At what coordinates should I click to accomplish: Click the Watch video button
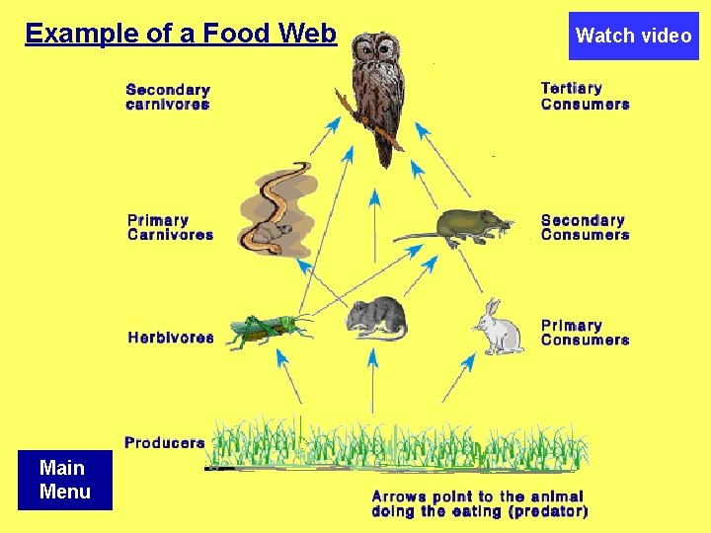[633, 36]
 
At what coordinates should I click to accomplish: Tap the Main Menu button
[64, 480]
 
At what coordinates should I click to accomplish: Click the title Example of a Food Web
[181, 34]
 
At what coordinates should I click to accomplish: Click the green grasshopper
[267, 331]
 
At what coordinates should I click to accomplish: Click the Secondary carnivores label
[168, 97]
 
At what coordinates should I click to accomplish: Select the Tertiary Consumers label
[585, 96]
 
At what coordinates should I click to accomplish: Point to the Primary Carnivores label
[170, 227]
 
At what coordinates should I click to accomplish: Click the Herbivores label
[170, 338]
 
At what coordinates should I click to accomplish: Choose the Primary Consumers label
[585, 332]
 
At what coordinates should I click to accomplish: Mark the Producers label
[164, 443]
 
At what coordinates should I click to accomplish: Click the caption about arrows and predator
[479, 503]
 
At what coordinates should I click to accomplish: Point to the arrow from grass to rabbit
[457, 380]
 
